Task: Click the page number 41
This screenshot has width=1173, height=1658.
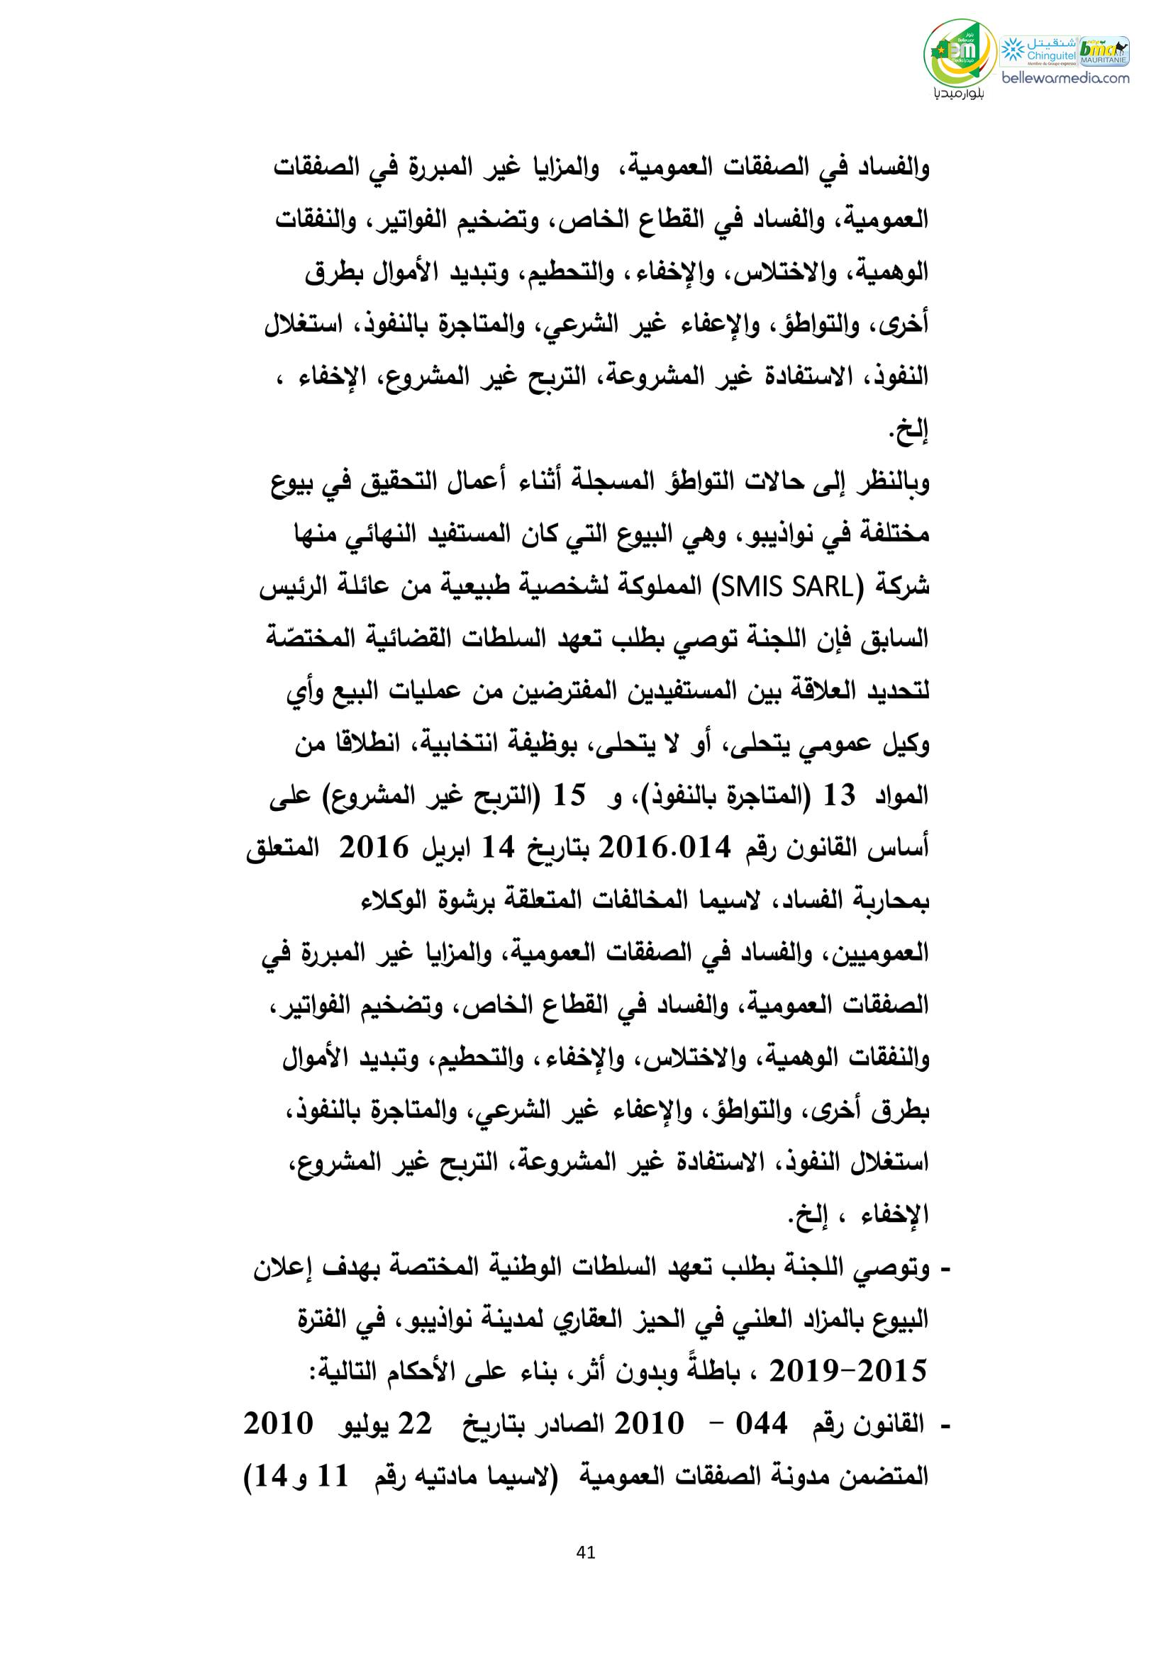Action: pos(586,1551)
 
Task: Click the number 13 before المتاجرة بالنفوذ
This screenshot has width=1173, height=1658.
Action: pos(838,797)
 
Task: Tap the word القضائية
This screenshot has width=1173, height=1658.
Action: pos(436,640)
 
